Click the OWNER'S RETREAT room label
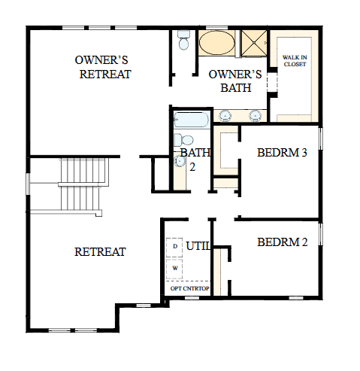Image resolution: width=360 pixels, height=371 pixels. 104,67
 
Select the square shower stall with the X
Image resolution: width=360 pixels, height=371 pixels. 253,44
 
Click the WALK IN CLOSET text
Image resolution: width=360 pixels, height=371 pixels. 295,60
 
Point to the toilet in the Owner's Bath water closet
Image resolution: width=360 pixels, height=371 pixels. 183,43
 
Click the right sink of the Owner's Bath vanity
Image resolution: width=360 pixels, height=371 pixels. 256,115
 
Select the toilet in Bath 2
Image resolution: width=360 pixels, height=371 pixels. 184,139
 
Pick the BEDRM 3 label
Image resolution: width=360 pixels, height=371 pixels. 283,153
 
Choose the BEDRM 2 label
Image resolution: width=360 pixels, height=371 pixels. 283,242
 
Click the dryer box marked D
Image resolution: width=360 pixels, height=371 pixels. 175,247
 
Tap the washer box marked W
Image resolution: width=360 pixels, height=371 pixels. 175,267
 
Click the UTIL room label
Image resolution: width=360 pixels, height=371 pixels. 198,245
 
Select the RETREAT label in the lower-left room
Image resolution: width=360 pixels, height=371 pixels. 100,251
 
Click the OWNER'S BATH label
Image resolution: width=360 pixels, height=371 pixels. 234,81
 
